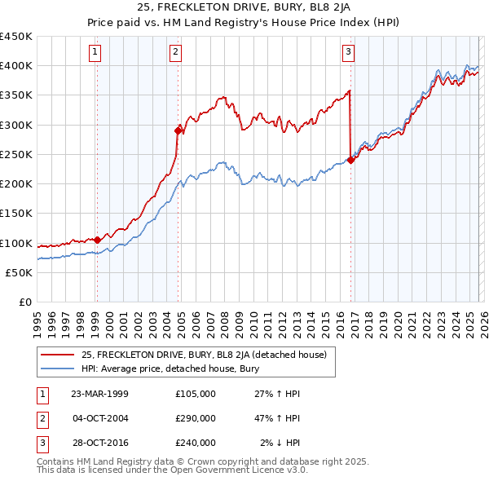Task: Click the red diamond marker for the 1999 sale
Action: pyautogui.click(x=97, y=240)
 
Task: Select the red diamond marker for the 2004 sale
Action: pyautogui.click(x=178, y=130)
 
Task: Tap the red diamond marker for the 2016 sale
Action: pyautogui.click(x=350, y=160)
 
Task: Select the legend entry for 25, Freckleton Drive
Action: pyautogui.click(x=204, y=355)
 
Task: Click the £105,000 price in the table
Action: pyautogui.click(x=196, y=394)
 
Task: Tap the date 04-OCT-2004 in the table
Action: pyautogui.click(x=100, y=418)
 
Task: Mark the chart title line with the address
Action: pyautogui.click(x=244, y=9)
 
